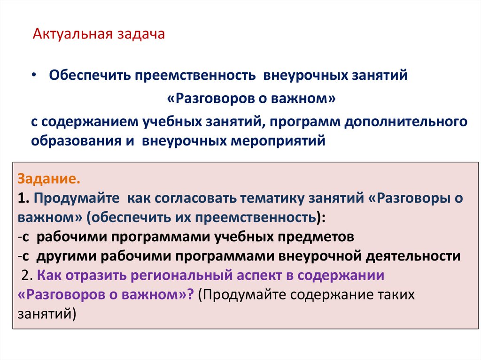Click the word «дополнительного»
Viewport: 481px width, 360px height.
[406, 122]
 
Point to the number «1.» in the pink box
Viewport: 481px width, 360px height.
[24, 199]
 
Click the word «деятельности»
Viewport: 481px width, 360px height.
[413, 256]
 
